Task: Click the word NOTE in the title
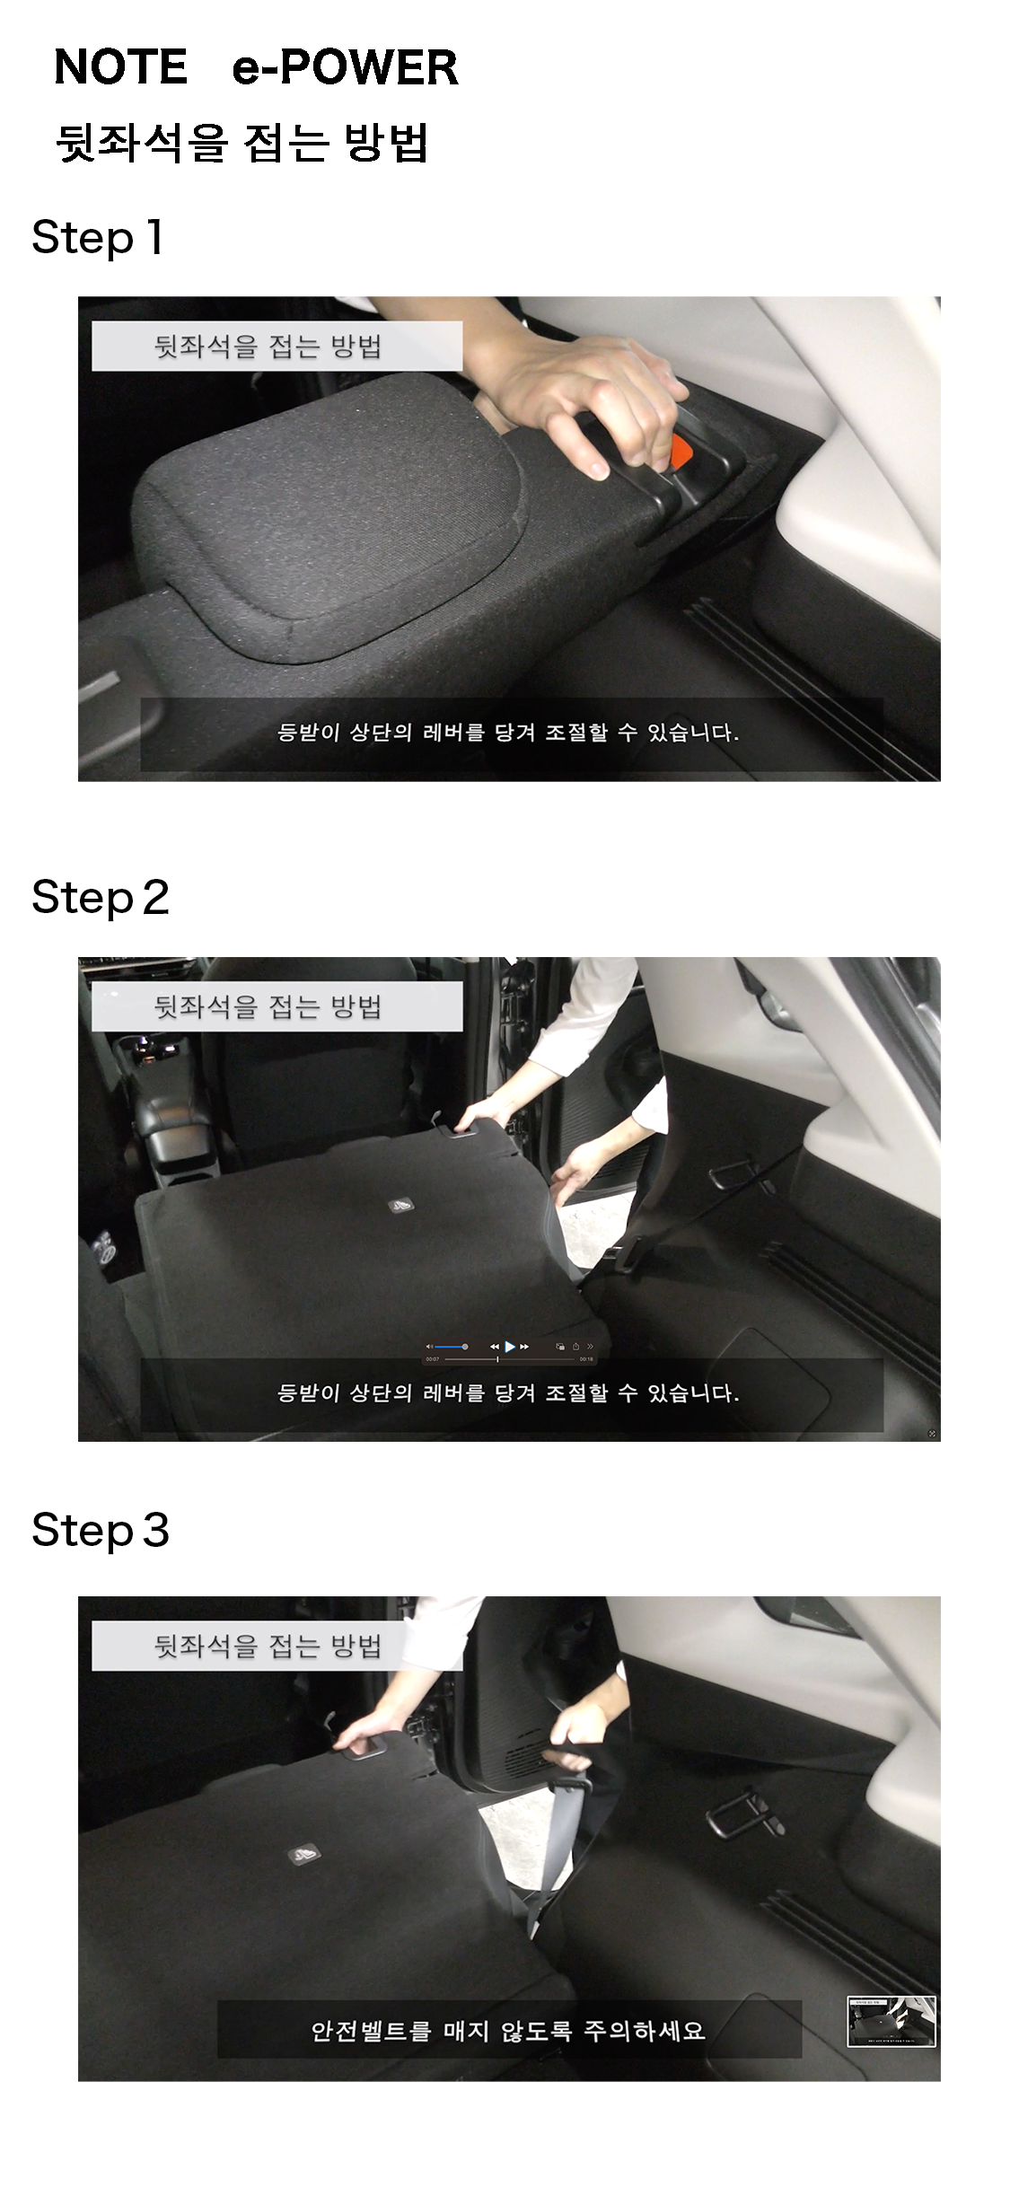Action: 121,67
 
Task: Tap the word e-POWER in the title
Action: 345,67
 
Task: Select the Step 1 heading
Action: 97,238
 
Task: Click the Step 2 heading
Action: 101,898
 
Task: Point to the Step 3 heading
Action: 101,1531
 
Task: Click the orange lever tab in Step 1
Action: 682,452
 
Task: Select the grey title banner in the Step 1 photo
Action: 277,346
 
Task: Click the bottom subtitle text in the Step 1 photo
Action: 508,733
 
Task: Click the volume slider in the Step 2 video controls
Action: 449,1347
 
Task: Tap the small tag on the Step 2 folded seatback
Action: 401,1205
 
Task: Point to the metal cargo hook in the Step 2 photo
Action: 738,1174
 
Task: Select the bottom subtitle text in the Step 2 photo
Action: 508,1393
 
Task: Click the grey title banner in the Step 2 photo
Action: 277,1006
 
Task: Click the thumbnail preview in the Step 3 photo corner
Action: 891,2022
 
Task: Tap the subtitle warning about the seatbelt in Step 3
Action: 508,2031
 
